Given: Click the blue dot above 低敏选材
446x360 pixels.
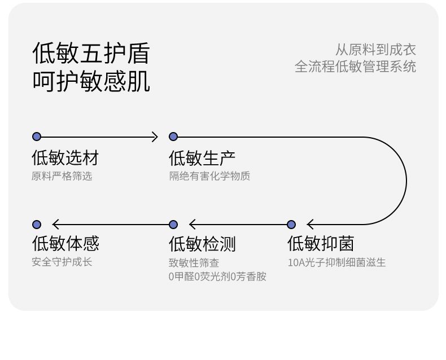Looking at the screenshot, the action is (x=37, y=137).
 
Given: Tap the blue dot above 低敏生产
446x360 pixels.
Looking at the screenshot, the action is (x=173, y=137).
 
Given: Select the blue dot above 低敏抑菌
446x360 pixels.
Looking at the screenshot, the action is (x=291, y=225).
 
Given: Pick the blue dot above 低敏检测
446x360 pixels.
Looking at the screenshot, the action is (x=173, y=225).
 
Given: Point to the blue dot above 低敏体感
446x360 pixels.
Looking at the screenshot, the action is (x=37, y=225).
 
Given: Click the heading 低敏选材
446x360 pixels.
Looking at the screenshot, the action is (x=65, y=157).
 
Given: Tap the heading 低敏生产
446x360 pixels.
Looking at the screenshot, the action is (x=202, y=157).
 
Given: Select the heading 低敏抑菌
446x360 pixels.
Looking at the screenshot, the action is (x=321, y=244).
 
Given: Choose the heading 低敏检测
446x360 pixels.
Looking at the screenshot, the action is (x=202, y=244).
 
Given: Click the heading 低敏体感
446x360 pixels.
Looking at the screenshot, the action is (x=65, y=244).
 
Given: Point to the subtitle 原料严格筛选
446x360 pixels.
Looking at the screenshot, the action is (x=62, y=176).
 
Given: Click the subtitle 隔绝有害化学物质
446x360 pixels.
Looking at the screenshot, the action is (x=209, y=176).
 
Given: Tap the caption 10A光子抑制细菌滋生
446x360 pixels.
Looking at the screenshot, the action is (x=336, y=262).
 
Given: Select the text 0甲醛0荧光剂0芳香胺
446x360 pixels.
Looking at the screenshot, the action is (x=217, y=276).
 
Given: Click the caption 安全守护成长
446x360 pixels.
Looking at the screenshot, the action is (x=62, y=262).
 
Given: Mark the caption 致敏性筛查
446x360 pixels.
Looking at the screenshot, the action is (x=194, y=262).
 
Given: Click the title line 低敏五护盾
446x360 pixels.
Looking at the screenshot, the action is (x=91, y=54).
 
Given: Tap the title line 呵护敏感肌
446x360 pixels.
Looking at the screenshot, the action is (x=91, y=81).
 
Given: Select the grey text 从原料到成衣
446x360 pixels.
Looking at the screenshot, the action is (x=375, y=50).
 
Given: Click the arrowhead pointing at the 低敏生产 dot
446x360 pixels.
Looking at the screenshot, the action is (x=155, y=137).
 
